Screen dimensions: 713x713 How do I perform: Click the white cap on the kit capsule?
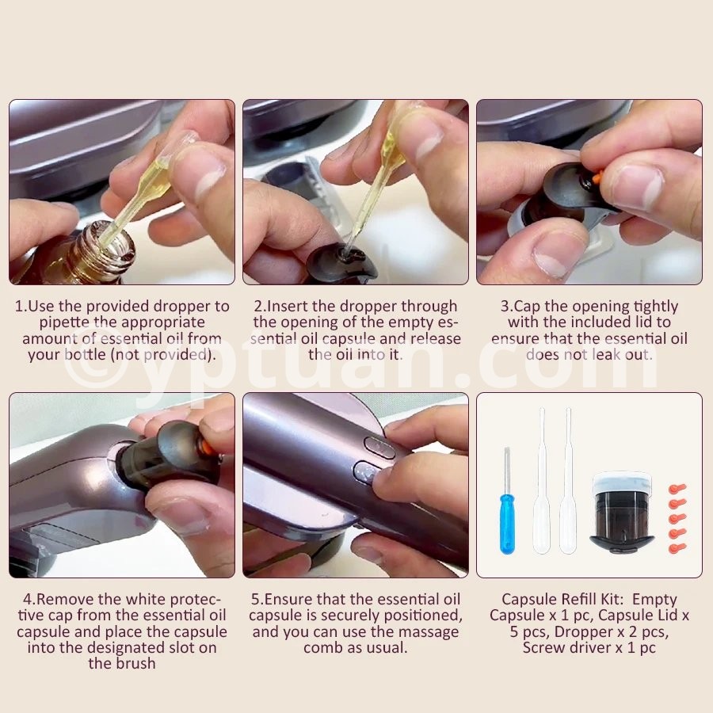(623, 480)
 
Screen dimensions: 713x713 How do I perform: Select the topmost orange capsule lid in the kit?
(677, 490)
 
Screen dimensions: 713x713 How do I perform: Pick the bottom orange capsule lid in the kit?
(677, 548)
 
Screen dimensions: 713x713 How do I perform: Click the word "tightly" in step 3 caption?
(655, 307)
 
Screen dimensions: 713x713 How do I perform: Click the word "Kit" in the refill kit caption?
(608, 600)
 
